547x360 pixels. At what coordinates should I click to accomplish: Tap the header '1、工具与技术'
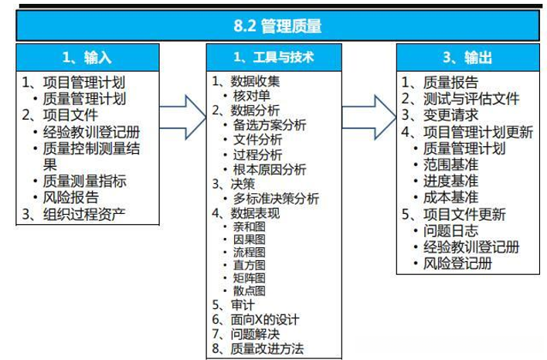pyautogui.click(x=274, y=58)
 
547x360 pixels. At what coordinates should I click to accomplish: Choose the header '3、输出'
pyautogui.click(x=466, y=58)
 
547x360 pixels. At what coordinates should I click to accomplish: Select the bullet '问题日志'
pyautogui.click(x=457, y=231)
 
